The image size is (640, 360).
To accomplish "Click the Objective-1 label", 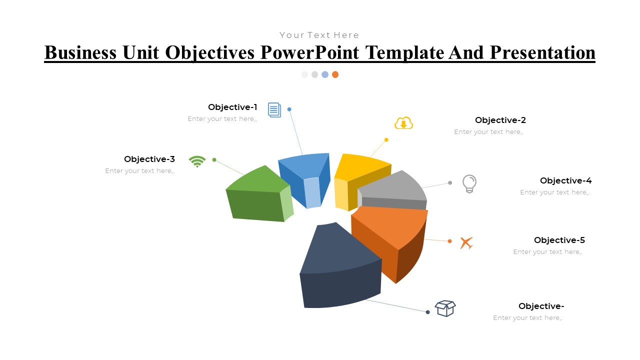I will (x=232, y=107).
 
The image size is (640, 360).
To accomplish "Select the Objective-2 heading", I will (x=500, y=120).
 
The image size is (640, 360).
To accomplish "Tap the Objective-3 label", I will (x=149, y=159).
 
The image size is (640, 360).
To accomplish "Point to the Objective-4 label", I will (x=565, y=180).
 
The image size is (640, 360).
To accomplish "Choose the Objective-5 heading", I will (x=559, y=240).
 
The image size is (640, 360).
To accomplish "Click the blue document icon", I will (x=274, y=109).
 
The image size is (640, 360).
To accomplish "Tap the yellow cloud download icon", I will (x=403, y=123).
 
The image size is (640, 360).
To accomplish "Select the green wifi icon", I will (x=197, y=161).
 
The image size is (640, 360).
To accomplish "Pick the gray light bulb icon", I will (x=469, y=183).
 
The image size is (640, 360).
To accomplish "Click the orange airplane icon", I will (x=466, y=243).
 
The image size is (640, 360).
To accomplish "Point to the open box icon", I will (x=445, y=308).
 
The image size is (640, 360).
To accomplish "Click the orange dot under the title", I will (x=335, y=74).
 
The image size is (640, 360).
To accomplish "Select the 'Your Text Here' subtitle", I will (x=319, y=35).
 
